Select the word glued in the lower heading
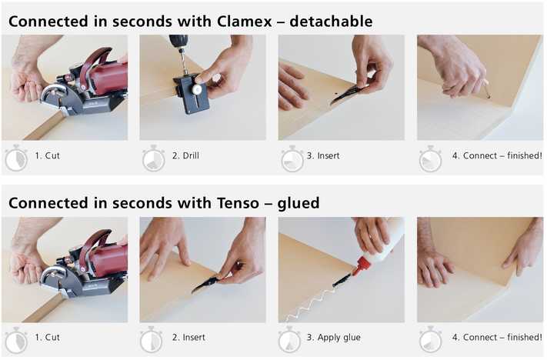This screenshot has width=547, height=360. point(299,203)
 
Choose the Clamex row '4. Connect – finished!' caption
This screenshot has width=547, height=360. point(496,156)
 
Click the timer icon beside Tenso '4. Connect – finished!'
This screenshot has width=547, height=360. point(430,339)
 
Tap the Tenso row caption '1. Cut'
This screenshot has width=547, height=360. point(47,338)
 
